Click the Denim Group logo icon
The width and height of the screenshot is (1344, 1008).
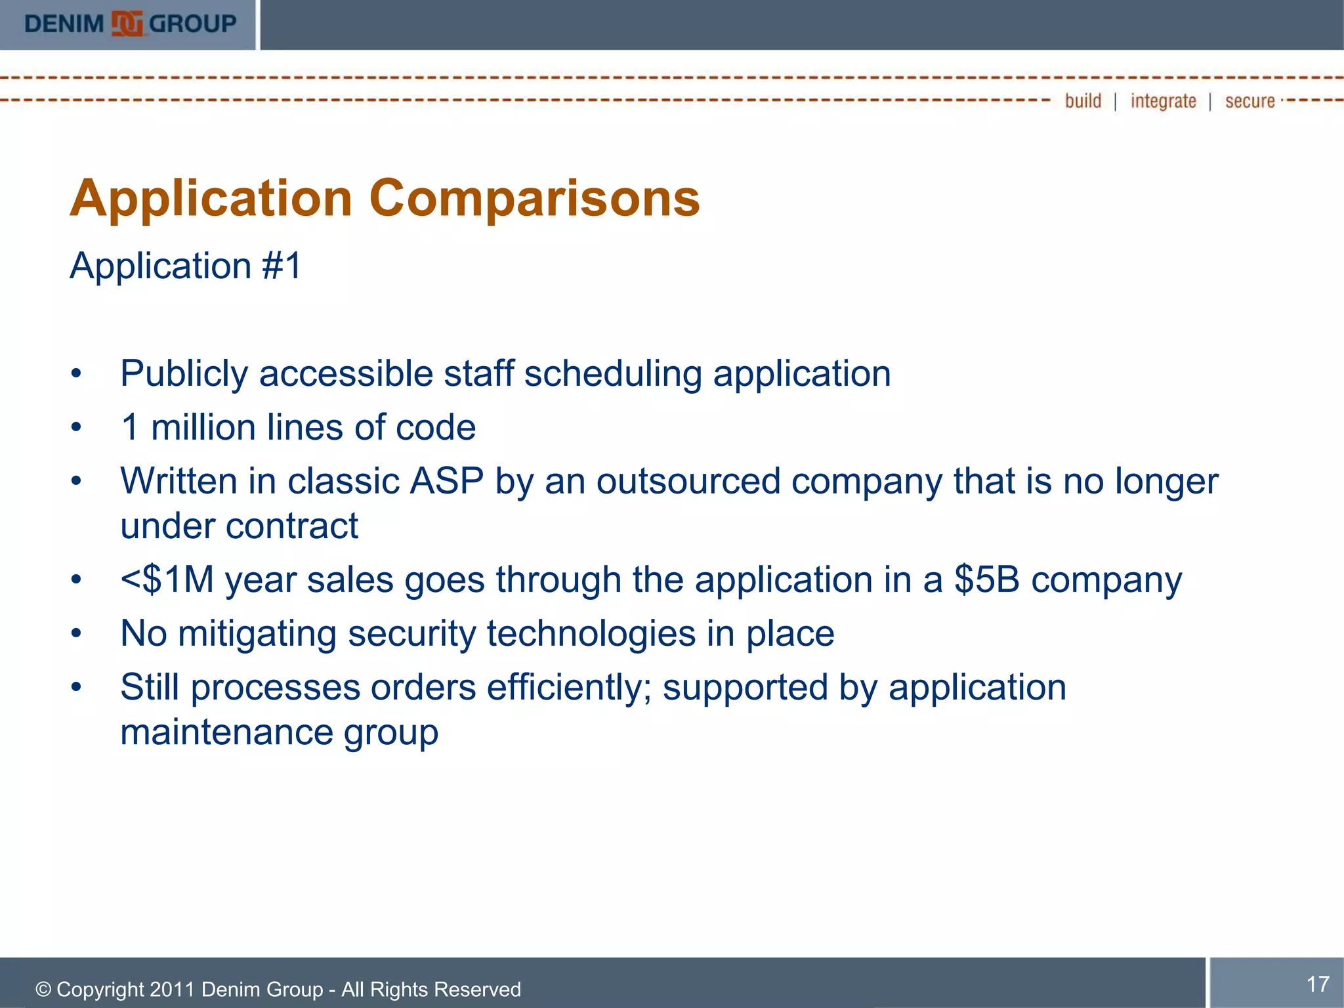coord(127,24)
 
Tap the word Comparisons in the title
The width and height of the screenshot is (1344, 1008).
coord(534,198)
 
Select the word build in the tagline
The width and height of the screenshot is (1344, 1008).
coord(1083,101)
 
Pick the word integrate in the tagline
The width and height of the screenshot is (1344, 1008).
coord(1163,101)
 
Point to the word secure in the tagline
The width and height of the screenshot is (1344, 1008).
coord(1249,101)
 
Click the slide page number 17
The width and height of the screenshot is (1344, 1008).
coord(1318,984)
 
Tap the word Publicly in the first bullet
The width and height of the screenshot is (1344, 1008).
coord(184,374)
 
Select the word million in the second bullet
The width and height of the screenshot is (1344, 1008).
coord(203,428)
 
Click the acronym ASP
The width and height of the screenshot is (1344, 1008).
coord(447,481)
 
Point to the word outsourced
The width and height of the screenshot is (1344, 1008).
coord(688,481)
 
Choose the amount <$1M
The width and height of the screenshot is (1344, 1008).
coord(167,580)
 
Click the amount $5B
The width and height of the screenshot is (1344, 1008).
coord(987,580)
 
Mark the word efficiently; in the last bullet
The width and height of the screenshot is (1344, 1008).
coord(569,688)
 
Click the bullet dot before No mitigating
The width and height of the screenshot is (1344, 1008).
coord(77,634)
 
